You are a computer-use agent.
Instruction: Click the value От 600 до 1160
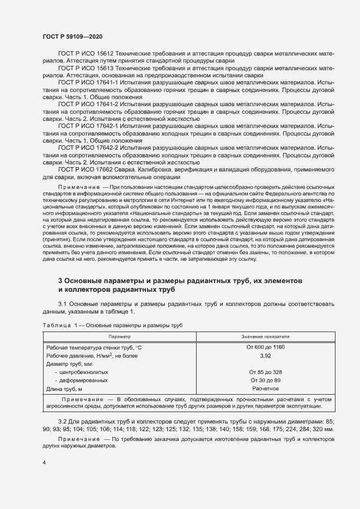click(x=266, y=347)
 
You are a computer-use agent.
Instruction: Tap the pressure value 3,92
click(x=266, y=355)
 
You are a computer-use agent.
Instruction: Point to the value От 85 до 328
click(x=266, y=372)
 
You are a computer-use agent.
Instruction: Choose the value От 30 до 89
click(x=266, y=380)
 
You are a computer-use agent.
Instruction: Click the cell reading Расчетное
click(x=266, y=389)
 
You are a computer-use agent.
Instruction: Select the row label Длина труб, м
click(x=64, y=389)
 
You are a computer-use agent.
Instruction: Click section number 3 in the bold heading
click(x=60, y=280)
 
